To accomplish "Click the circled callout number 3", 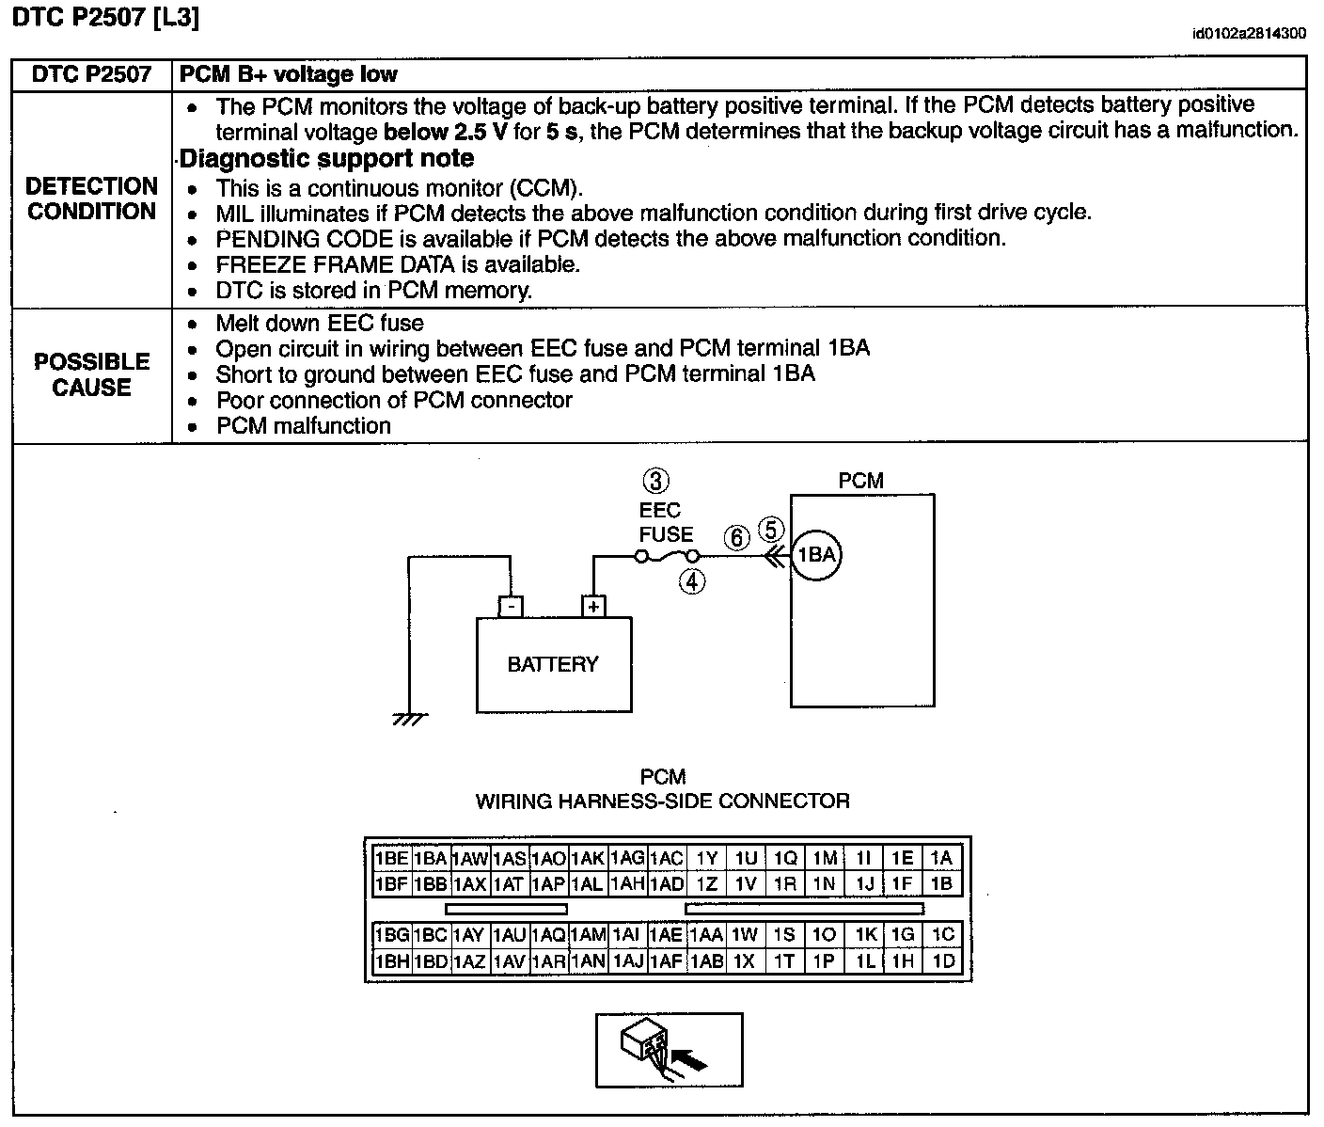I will (655, 481).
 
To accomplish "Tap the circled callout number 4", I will (692, 581).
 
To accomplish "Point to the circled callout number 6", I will (738, 537).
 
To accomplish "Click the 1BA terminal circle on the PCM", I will (815, 555).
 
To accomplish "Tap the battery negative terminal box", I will (511, 607).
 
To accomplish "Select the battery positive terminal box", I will (593, 607).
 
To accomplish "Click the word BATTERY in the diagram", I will (553, 664).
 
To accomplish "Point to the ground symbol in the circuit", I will (410, 720).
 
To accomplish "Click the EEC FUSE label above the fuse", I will (666, 522).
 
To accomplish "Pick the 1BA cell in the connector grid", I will (430, 858).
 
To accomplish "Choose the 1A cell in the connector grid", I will (941, 858).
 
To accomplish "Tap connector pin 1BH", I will (391, 961).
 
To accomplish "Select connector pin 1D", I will (942, 961).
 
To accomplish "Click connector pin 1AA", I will (706, 935).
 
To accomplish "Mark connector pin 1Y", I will (706, 858).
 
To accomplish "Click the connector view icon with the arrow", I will (669, 1050).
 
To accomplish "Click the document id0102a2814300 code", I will (1249, 34).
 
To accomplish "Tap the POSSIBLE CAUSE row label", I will (91, 374).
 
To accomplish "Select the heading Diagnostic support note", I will (326, 158).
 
